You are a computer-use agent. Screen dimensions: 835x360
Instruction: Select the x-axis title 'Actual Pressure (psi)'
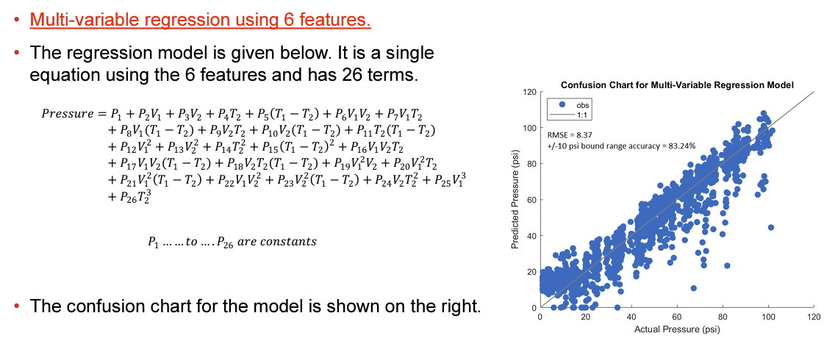[x=677, y=330]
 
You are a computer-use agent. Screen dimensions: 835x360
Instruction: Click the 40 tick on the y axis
[x=532, y=235]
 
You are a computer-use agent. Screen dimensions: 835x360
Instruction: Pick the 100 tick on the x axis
[x=768, y=316]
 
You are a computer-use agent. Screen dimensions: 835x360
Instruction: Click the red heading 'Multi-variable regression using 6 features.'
[x=200, y=21]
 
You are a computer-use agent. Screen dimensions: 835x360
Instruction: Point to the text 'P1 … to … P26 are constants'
[x=232, y=242]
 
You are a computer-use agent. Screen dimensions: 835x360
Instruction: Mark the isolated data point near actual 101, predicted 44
[x=770, y=228]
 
